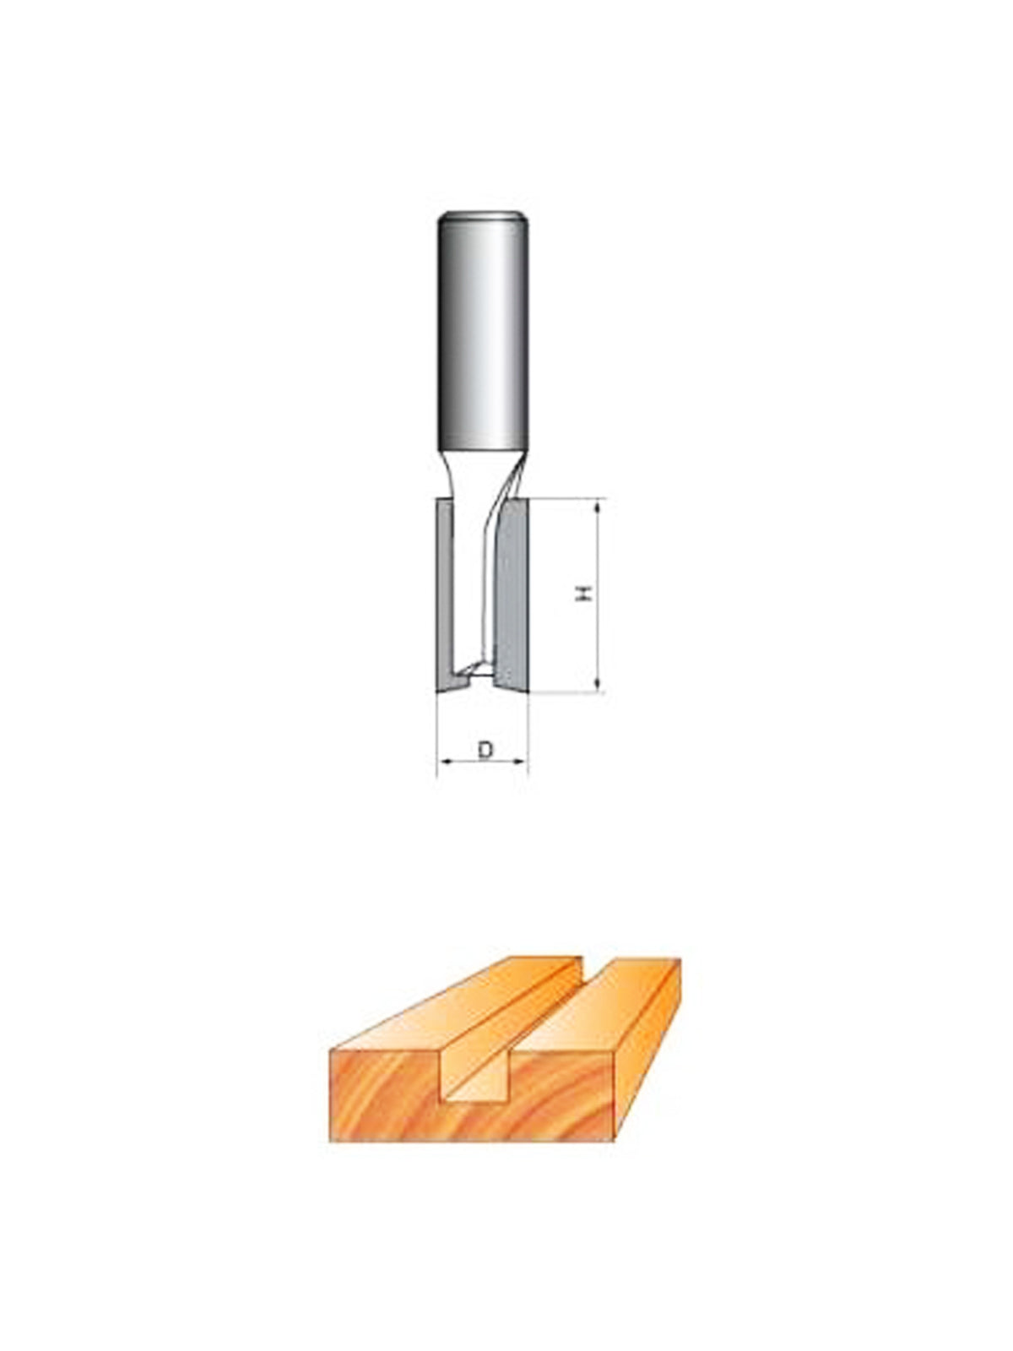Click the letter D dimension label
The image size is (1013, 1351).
(x=486, y=750)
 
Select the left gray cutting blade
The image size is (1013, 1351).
(x=445, y=594)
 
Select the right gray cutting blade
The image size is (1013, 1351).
(x=512, y=594)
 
